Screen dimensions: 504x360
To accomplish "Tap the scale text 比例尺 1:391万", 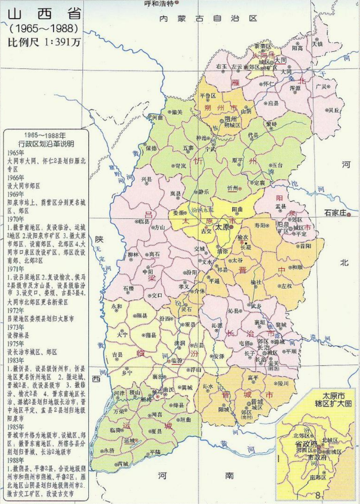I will coord(44,42).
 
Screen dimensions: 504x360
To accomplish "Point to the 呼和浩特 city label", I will coord(158,4).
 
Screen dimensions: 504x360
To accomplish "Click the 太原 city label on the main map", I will coord(223,227).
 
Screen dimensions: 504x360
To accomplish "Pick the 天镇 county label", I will coord(317,44).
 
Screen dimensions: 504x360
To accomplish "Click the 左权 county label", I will coord(286,286).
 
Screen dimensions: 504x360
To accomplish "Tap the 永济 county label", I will coord(109,450).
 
